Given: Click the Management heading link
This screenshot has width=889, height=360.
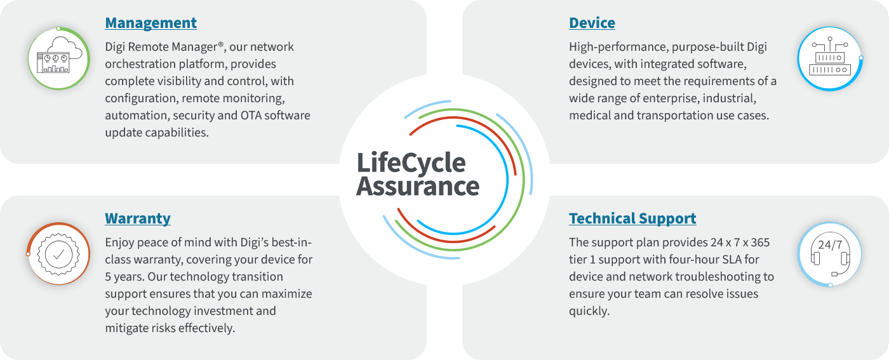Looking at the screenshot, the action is (151, 23).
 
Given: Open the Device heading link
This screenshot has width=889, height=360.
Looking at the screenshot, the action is (592, 23).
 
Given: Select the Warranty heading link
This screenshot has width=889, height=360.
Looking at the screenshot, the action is (138, 218).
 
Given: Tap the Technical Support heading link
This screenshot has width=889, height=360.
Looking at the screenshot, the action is (632, 218).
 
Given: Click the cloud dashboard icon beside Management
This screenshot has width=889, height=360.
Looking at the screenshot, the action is (58, 58).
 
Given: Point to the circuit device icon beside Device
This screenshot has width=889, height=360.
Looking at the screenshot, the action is (830, 58).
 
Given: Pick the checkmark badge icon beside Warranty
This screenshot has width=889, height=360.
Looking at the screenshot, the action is (58, 253).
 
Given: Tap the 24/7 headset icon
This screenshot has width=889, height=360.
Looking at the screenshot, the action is (830, 254).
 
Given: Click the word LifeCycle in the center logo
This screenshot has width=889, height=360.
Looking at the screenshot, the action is (411, 163).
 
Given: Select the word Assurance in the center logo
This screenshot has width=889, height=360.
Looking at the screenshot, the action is (418, 187).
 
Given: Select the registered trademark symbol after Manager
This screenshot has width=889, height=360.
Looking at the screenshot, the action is (221, 44).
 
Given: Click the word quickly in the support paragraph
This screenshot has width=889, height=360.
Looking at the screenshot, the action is (589, 311).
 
